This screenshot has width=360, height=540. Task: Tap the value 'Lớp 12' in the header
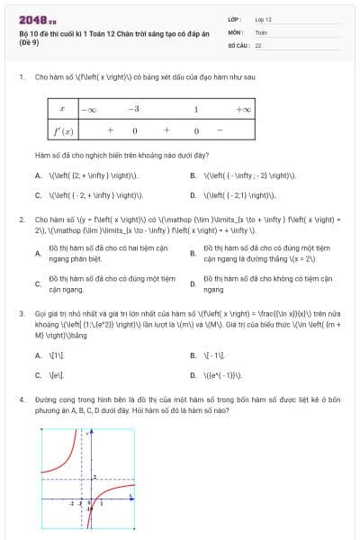coord(263,18)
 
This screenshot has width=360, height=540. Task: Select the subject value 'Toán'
coord(261,31)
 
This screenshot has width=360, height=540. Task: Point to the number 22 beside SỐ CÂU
coord(258,44)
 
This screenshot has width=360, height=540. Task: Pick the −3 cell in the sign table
coord(133,109)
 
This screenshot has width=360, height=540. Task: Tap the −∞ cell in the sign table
coord(88,109)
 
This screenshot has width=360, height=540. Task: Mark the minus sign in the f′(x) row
coord(220,130)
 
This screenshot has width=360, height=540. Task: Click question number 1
coord(21,77)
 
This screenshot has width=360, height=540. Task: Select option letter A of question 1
coord(38,175)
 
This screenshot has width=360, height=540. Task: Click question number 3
coord(21,312)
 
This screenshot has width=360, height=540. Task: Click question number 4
coord(21,397)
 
